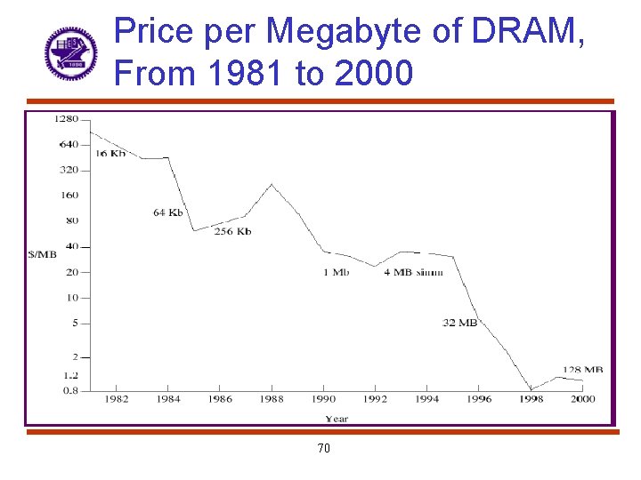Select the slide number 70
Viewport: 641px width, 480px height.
pyautogui.click(x=323, y=449)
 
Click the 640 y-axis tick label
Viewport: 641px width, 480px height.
pyautogui.click(x=69, y=144)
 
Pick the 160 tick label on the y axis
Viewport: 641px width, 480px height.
pyautogui.click(x=69, y=196)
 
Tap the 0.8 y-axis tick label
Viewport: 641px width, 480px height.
pyautogui.click(x=70, y=390)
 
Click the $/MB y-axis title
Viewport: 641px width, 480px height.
pyautogui.click(x=42, y=254)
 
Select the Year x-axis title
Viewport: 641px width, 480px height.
pyautogui.click(x=337, y=419)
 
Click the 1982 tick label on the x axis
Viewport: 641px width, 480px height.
pyautogui.click(x=117, y=400)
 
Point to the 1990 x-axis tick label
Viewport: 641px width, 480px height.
pyautogui.click(x=323, y=400)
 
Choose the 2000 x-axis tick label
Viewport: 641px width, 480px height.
pyautogui.click(x=582, y=400)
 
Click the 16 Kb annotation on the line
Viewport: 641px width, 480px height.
pyautogui.click(x=110, y=154)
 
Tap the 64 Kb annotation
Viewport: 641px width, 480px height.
pyautogui.click(x=167, y=212)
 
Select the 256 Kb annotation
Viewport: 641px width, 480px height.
pyautogui.click(x=232, y=231)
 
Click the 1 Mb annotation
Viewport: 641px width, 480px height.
pyautogui.click(x=336, y=272)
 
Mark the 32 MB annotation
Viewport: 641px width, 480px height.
pyautogui.click(x=459, y=323)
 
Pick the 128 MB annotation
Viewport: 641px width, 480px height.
pyautogui.click(x=582, y=370)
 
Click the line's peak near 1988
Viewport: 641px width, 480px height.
pyautogui.click(x=272, y=185)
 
